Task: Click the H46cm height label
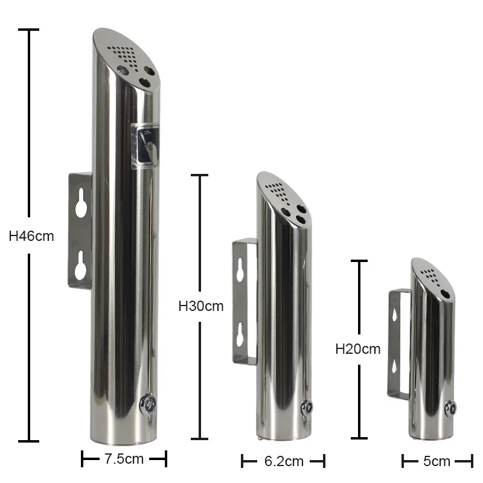(31, 236)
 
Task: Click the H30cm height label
(201, 306)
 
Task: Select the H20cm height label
(358, 348)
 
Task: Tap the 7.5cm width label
(124, 459)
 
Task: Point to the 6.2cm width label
(284, 462)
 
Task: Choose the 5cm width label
(437, 462)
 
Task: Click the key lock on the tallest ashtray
(147, 403)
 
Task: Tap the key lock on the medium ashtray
(307, 408)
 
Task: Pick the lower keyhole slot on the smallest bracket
(394, 364)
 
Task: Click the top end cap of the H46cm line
(28, 29)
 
